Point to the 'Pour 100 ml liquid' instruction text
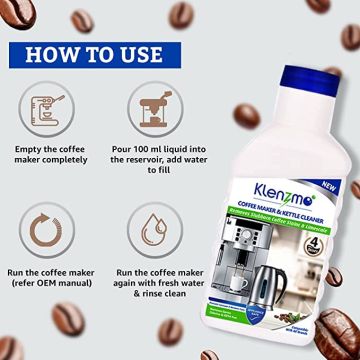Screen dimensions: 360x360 pyautogui.click(x=152, y=179)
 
